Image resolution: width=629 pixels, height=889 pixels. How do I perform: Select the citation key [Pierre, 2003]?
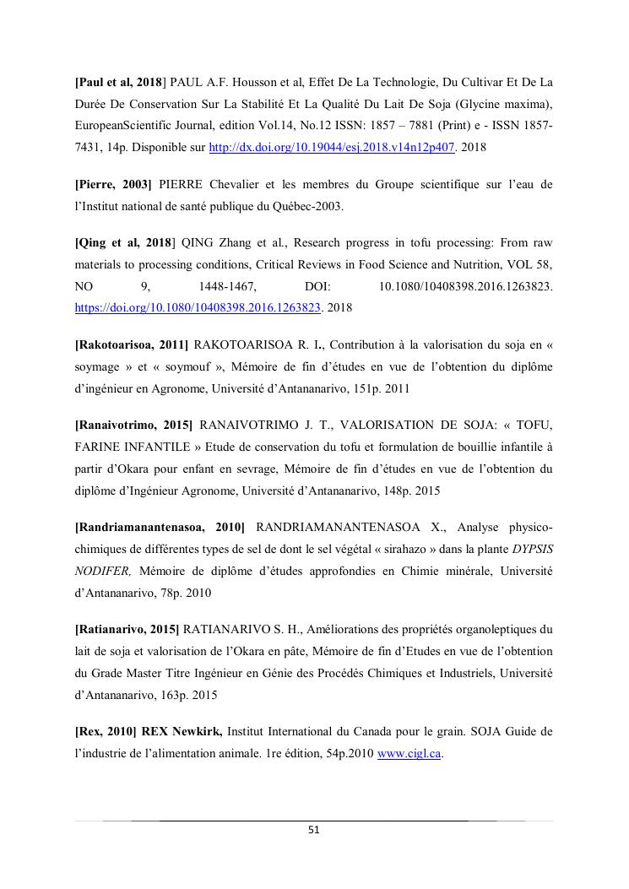[x=113, y=185]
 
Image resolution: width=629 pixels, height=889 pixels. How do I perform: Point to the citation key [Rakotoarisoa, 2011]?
[x=132, y=345]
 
